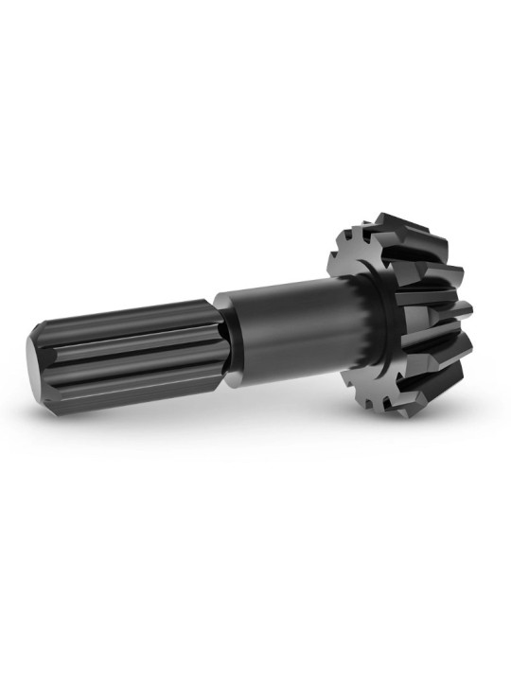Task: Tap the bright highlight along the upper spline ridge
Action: tap(123, 312)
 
